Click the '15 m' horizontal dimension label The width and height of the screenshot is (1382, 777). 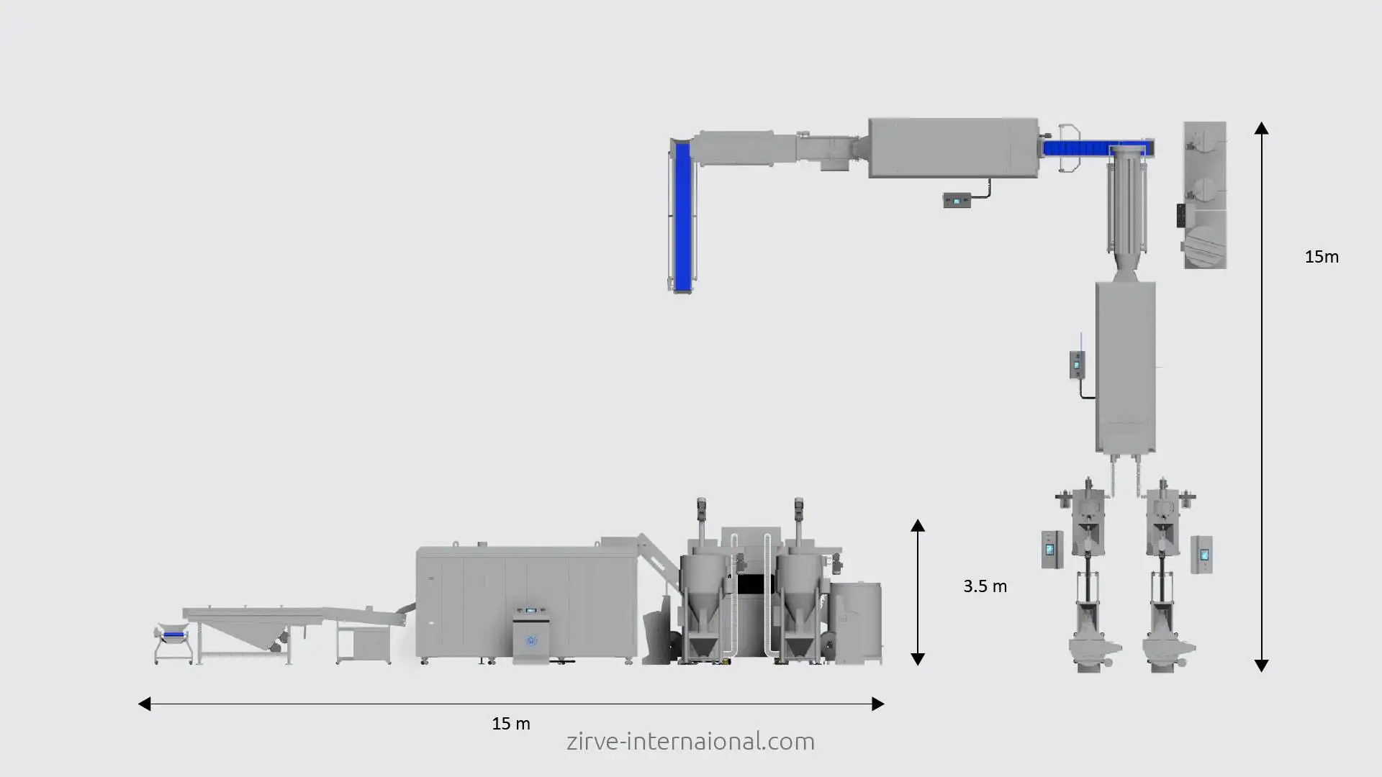coord(511,724)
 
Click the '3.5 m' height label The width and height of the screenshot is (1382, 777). coord(985,586)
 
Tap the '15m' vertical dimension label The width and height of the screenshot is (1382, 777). coord(1322,257)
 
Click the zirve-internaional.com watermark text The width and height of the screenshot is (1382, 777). coord(690,741)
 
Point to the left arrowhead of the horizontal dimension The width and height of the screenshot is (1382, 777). coord(144,704)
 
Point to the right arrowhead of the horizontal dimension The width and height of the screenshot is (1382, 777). coord(877,704)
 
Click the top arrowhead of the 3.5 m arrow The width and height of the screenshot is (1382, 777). coord(918,525)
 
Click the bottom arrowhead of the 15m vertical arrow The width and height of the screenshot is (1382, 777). coord(1261,665)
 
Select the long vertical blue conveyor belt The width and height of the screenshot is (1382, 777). coord(682,216)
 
